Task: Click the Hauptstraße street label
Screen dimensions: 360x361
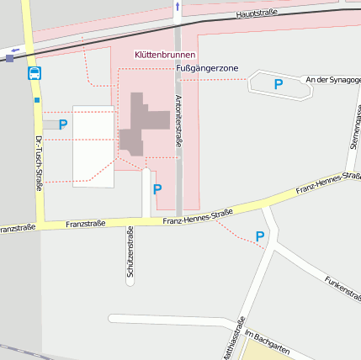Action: coord(257,14)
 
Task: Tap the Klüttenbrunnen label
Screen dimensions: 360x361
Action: coord(165,55)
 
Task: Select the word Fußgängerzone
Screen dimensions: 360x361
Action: coord(208,67)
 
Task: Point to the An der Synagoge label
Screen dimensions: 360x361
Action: coord(333,80)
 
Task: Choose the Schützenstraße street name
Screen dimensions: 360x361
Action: coord(130,252)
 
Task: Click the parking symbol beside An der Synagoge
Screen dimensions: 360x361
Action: coord(279,83)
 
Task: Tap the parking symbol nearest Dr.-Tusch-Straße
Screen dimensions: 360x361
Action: coord(63,124)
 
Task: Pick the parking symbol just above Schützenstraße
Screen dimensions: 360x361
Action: coord(157,189)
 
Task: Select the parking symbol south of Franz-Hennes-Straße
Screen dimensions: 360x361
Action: coord(260,237)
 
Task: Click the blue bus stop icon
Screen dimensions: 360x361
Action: coord(35,73)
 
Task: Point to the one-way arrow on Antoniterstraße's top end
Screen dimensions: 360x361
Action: coord(177,8)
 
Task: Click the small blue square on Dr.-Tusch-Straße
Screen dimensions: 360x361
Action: coord(37,99)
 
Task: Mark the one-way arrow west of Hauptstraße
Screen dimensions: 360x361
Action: coord(14,50)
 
